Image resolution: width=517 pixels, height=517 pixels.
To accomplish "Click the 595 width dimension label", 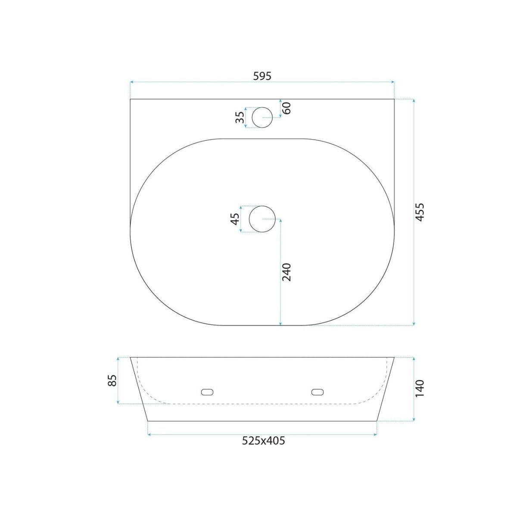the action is click(262, 76).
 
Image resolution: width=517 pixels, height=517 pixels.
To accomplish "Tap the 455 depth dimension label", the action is click(420, 212).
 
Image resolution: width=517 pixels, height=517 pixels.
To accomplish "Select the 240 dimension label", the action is click(287, 272).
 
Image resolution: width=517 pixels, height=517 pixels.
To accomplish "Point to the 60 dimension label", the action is click(287, 108).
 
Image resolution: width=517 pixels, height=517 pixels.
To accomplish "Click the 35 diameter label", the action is click(240, 117).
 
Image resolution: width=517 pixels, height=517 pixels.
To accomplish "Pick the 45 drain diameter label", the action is click(235, 219).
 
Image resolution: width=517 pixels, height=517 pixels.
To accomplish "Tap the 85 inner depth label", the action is click(112, 380).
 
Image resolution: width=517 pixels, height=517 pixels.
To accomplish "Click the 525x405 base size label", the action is click(263, 441).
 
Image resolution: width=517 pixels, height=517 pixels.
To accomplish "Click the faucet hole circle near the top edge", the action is click(262, 107).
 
